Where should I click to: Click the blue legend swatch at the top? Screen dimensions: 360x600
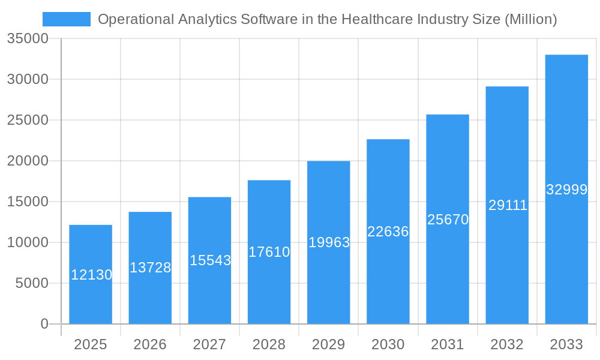click(x=66, y=19)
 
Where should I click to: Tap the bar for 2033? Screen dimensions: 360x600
click(x=566, y=120)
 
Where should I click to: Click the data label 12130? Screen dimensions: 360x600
click(x=92, y=275)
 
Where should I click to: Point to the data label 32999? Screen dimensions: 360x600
click(x=566, y=190)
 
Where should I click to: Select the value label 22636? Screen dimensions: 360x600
click(x=388, y=232)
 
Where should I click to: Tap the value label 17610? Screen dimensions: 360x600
click(x=269, y=252)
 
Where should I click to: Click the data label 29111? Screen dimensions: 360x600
click(x=508, y=205)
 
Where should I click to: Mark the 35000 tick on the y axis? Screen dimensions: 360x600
click(x=28, y=39)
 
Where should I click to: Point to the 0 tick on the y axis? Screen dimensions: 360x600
click(x=44, y=324)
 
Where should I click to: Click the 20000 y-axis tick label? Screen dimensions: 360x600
click(x=28, y=161)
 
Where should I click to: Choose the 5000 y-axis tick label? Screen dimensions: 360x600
click(x=32, y=283)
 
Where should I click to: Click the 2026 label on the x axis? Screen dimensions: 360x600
click(x=150, y=344)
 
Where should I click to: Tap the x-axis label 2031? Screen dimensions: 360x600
click(x=447, y=344)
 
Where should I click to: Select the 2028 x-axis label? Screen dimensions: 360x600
click(x=269, y=344)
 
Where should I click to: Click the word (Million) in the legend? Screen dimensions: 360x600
click(x=530, y=19)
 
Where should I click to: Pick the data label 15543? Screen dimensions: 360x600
click(x=210, y=260)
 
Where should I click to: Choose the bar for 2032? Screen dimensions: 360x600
click(x=507, y=144)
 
